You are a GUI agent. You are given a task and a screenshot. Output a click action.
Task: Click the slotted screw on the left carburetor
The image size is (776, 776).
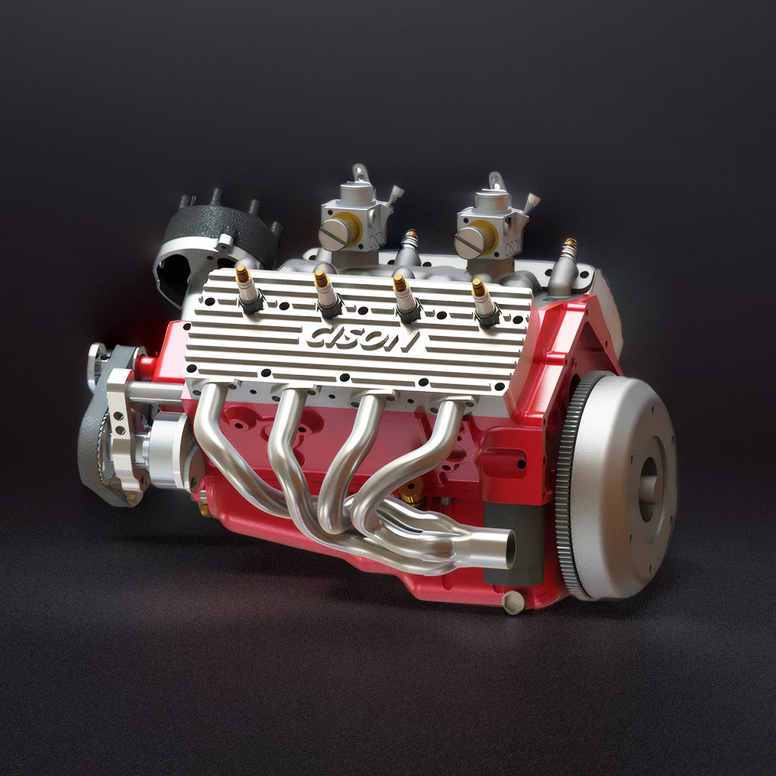[333, 234]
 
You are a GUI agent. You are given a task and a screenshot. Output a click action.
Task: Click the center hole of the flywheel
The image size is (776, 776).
[647, 489]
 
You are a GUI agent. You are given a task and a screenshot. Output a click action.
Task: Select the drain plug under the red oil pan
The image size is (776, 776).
[513, 603]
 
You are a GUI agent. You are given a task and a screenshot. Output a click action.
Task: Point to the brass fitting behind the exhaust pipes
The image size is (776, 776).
[412, 500]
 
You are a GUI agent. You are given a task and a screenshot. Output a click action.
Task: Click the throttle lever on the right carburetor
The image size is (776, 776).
[529, 202]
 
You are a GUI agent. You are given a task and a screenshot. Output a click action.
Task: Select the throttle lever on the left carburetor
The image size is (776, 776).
[394, 195]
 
